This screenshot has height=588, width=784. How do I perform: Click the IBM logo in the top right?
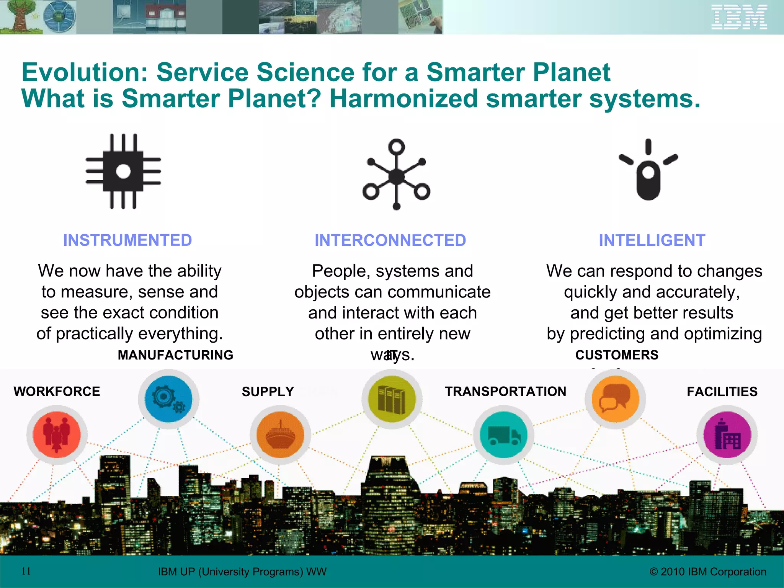739,17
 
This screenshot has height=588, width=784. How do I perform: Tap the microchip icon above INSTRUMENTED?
123,171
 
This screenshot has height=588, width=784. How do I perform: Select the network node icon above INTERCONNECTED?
397,175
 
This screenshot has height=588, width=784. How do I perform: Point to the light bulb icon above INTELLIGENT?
648,170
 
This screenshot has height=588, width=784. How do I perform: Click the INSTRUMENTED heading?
127,240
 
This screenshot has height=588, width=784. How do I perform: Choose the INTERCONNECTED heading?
390,240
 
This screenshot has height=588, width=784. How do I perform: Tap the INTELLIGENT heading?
652,240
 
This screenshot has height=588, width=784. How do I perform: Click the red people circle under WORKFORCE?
57,435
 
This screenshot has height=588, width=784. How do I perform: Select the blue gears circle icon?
168,399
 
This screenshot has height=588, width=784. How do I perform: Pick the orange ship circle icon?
280,435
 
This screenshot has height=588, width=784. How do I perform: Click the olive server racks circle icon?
392,399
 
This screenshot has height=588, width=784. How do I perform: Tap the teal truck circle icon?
503,435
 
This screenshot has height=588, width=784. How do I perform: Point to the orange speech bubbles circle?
615,399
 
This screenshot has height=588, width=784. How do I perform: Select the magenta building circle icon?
727,435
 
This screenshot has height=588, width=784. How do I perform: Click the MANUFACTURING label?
175,355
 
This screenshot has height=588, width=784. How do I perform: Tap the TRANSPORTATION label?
505,392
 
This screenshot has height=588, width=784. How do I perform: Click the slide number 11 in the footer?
26,571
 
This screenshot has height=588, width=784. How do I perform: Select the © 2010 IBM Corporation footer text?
708,572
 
